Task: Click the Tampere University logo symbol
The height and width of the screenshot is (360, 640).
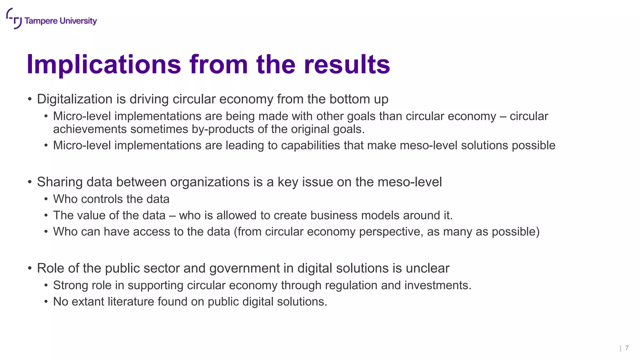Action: pyautogui.click(x=14, y=19)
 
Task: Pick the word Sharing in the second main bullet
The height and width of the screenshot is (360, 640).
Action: pyautogui.click(x=60, y=182)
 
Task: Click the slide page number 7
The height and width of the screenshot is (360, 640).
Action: pyautogui.click(x=627, y=348)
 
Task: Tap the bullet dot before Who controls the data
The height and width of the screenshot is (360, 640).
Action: pyautogui.click(x=46, y=199)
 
